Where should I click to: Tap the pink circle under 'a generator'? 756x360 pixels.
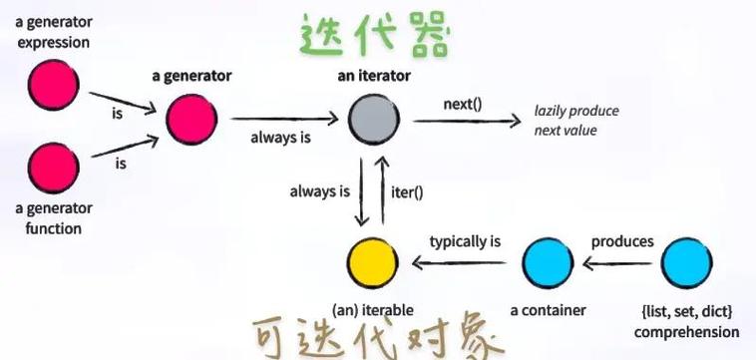coord(190,121)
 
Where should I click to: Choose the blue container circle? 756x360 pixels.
coord(548,263)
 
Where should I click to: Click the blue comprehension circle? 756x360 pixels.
coord(686,263)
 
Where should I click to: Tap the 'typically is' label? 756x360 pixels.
coord(464,241)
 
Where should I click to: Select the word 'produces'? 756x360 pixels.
coord(622,241)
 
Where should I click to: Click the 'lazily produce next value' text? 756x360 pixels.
coord(576,121)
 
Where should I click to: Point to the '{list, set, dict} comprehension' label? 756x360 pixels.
coord(686,322)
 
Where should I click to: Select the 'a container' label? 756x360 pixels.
coord(547,310)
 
